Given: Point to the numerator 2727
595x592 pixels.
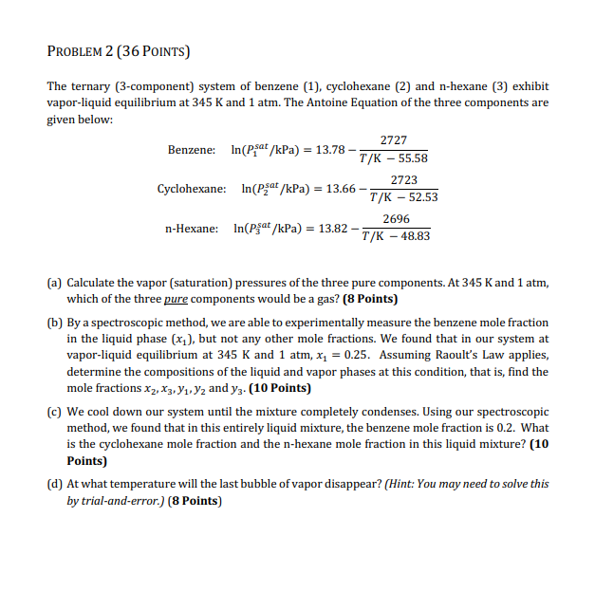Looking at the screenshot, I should [x=393, y=139].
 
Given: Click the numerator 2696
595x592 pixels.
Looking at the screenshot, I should [x=396, y=218].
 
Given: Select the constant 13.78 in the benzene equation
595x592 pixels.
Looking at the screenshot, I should [x=331, y=150].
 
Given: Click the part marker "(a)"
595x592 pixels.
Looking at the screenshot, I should [x=55, y=283].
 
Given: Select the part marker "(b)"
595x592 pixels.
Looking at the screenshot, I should [x=55, y=323].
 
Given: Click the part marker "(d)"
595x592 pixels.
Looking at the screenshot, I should [x=55, y=483].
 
